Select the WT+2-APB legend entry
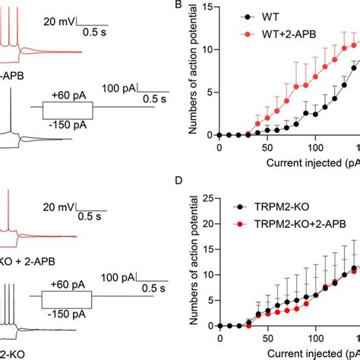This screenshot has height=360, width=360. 274,35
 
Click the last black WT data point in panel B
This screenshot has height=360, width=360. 354,68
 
